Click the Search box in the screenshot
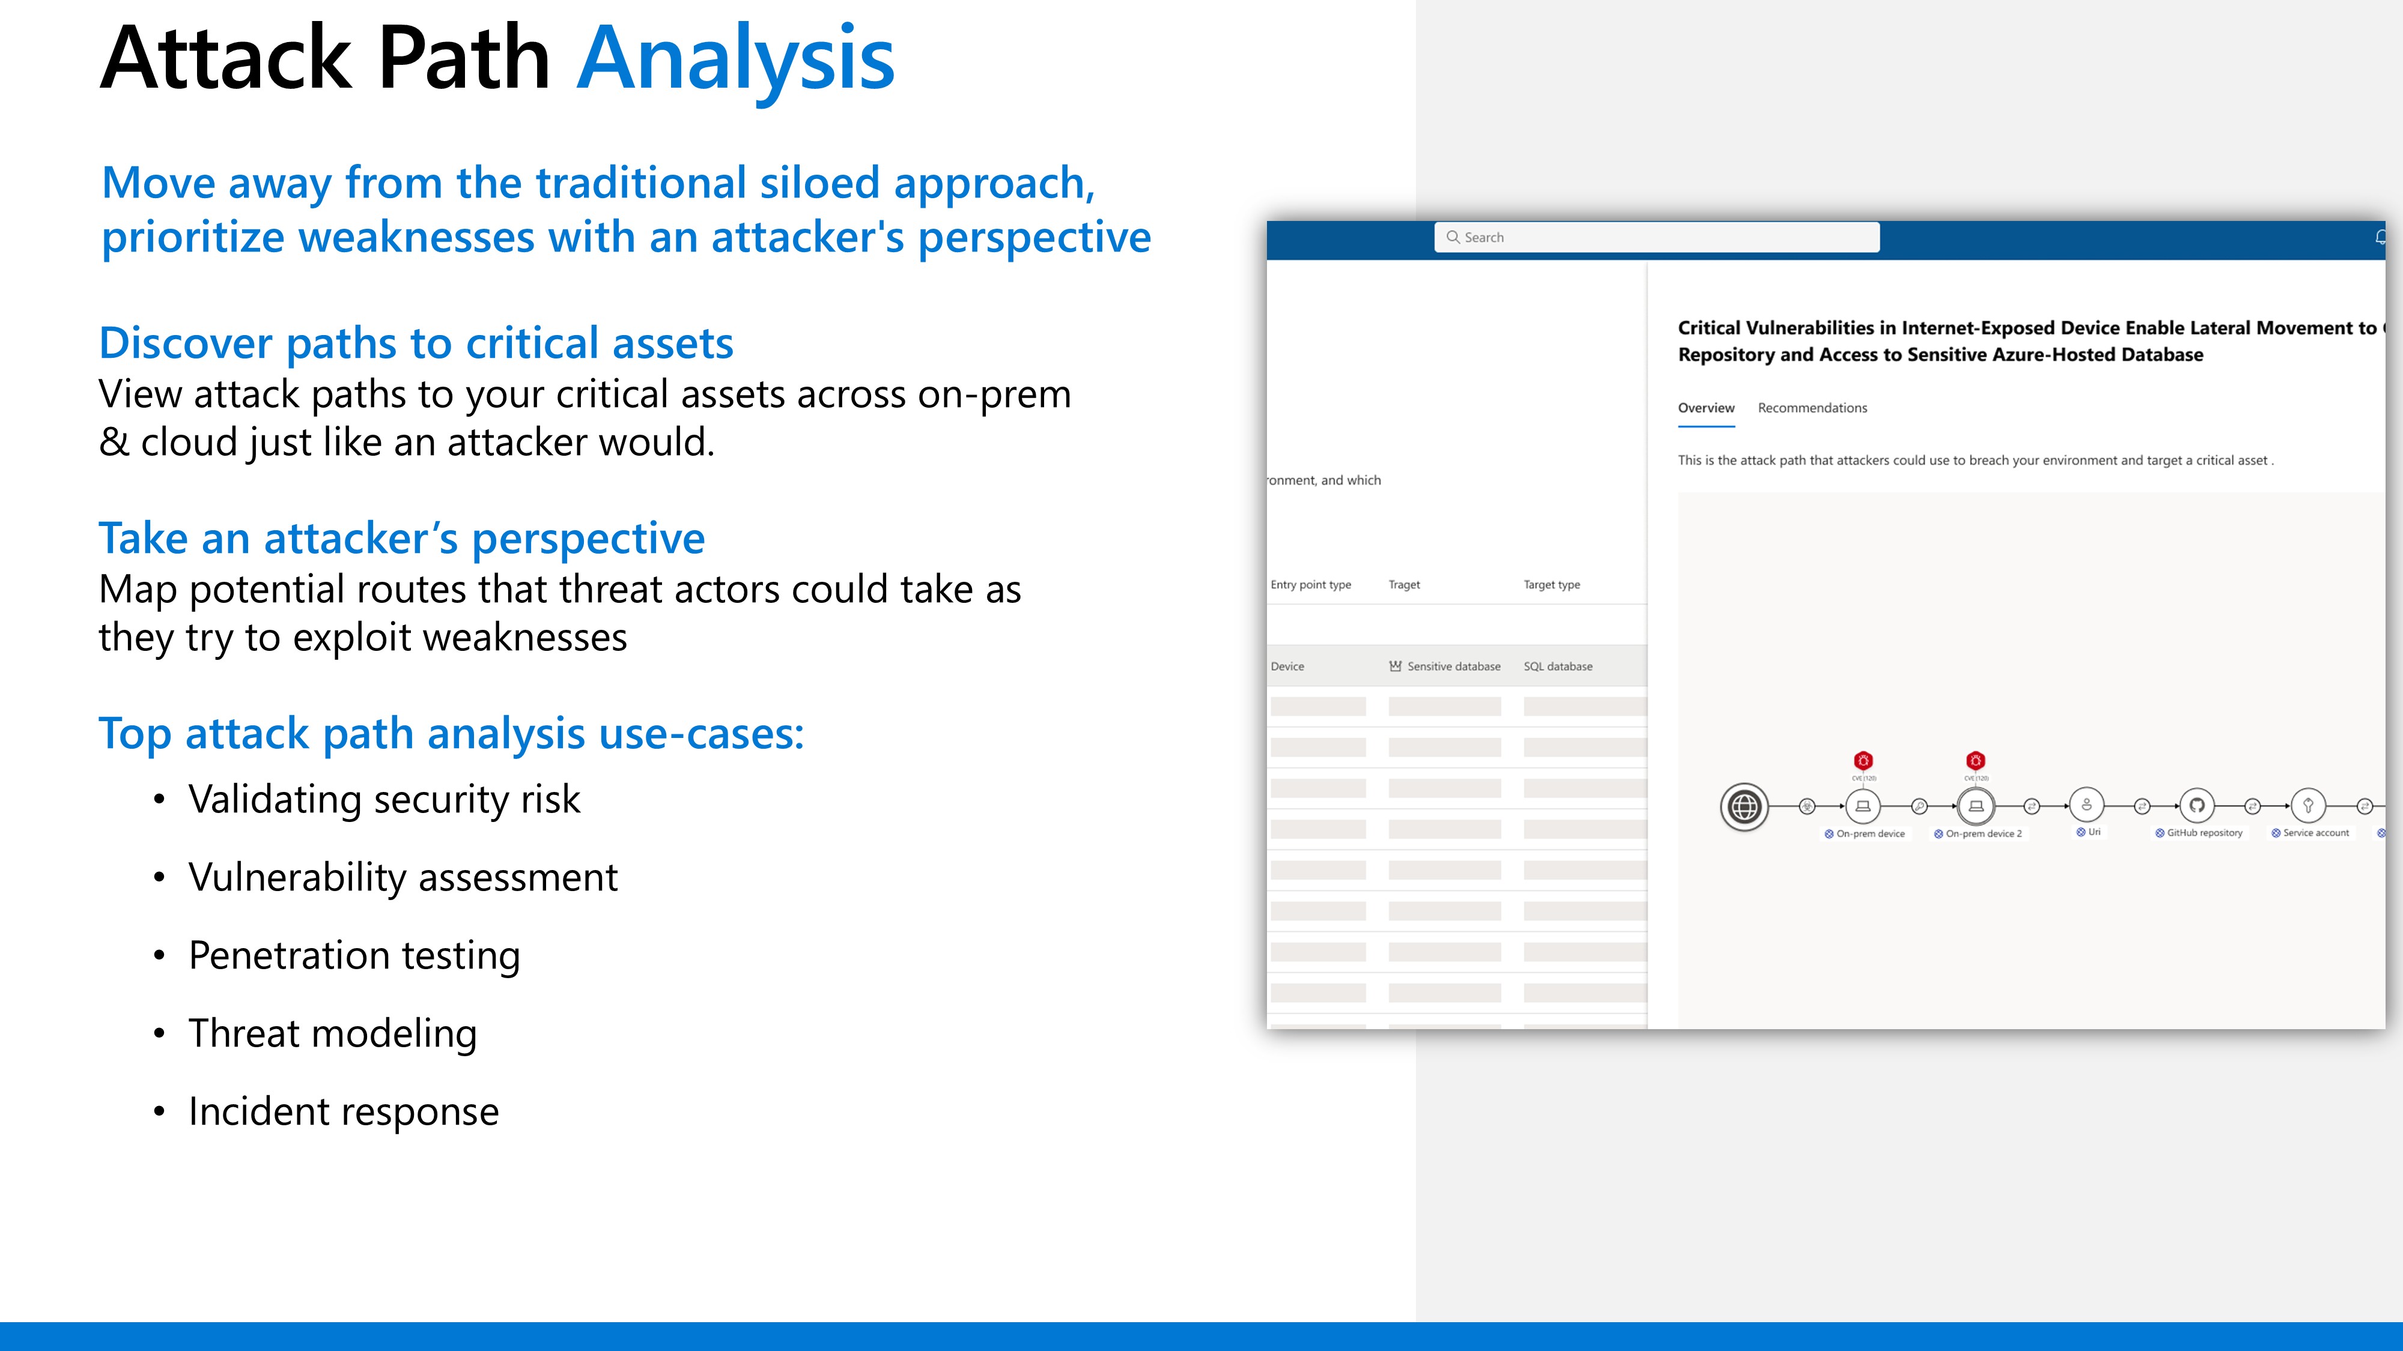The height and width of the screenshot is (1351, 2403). tap(1657, 237)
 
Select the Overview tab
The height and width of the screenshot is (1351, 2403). tap(1706, 408)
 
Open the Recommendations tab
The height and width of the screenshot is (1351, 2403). tap(1812, 408)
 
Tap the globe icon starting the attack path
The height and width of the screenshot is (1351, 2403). tap(1743, 806)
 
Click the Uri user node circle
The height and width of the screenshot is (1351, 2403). tap(2087, 805)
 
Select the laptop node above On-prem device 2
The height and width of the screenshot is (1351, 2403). tap(1976, 806)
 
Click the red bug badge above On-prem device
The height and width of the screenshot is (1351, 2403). tap(1863, 761)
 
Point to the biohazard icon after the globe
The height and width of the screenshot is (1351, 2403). tap(1807, 806)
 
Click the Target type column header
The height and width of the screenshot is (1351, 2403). tap(1551, 585)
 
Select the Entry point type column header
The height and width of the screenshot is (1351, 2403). tap(1311, 585)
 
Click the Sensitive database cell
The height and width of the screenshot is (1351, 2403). tap(1444, 666)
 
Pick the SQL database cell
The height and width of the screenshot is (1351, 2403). tap(1558, 666)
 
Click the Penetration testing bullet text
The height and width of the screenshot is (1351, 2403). tap(354, 957)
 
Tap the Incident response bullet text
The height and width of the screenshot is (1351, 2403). tap(343, 1112)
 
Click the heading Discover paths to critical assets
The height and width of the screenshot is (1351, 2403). tap(416, 343)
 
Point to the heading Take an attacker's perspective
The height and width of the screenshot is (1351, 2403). tap(402, 539)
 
